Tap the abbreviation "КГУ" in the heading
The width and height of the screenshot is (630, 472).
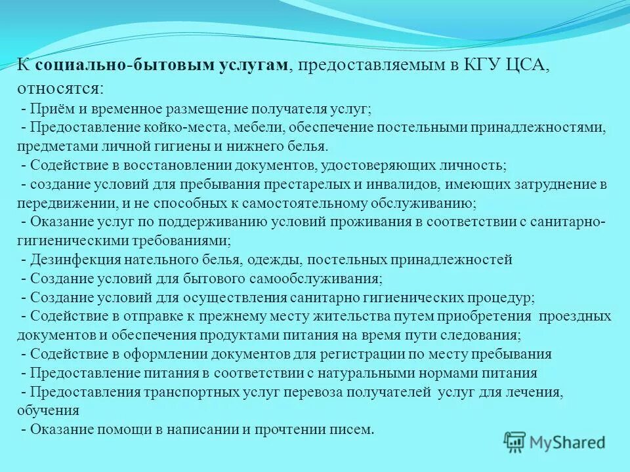466,65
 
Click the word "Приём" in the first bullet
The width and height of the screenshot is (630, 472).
49,108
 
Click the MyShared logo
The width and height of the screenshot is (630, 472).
555,442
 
